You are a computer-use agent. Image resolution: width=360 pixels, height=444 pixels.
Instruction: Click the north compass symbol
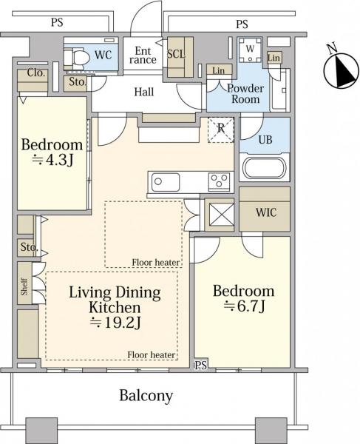[341, 69]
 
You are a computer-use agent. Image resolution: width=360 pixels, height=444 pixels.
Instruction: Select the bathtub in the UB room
[265, 168]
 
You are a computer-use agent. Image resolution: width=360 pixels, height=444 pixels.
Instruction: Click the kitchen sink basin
[166, 182]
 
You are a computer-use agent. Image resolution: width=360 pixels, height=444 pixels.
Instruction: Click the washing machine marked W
[250, 50]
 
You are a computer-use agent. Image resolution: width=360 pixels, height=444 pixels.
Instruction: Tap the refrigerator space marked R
[221, 129]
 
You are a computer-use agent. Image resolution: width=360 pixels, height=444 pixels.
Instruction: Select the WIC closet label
[266, 212]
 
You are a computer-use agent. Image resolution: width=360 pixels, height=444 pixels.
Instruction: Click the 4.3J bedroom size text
[53, 161]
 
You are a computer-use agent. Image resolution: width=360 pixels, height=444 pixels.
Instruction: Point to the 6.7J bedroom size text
[245, 306]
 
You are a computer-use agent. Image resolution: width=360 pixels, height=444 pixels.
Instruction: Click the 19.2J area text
[115, 323]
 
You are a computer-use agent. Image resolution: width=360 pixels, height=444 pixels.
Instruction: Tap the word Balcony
[146, 395]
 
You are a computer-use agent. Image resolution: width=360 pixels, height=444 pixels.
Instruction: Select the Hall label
[144, 92]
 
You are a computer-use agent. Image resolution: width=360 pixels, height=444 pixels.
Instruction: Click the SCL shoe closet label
[176, 54]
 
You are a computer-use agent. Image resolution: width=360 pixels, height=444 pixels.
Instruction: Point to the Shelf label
[24, 286]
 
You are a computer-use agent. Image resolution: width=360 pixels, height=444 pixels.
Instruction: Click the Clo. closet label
[36, 73]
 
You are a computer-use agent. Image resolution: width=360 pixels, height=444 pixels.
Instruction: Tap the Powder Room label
[245, 94]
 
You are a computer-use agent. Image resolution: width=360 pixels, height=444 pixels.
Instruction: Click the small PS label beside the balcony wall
[201, 366]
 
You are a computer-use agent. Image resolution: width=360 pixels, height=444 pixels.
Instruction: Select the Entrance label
[143, 55]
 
